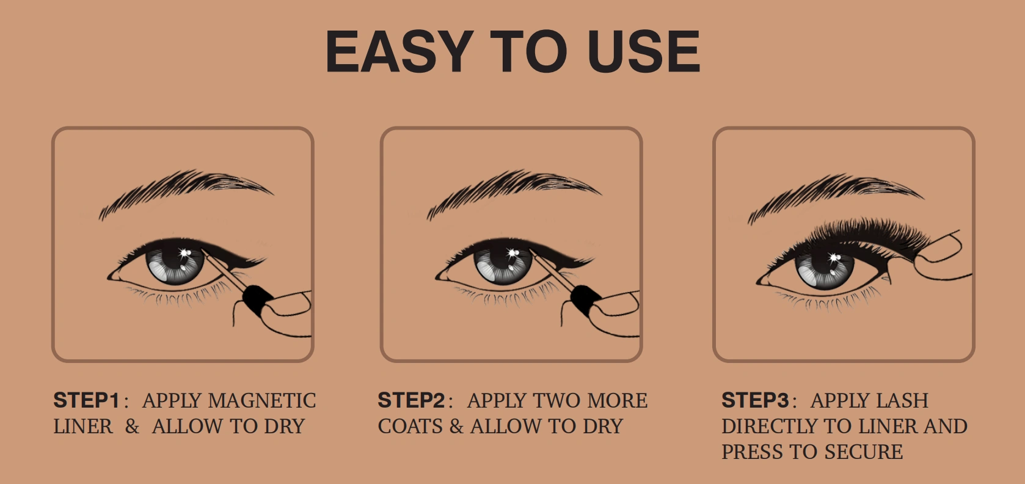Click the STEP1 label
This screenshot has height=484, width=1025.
pos(87,400)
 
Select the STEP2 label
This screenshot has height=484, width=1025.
pos(411,400)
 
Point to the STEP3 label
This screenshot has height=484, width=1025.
pos(755,400)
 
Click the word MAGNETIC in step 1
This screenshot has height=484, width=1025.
pos(261,401)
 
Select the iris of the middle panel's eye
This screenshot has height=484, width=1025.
pos(503,265)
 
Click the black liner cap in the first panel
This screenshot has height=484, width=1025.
pos(257,300)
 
